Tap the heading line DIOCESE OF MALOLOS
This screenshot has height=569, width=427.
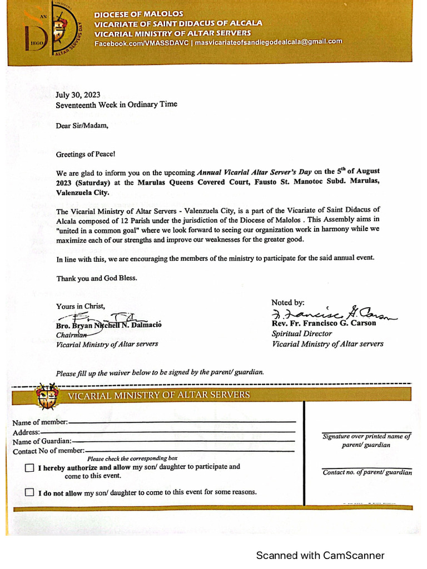138,13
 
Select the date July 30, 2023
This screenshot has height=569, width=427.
78,94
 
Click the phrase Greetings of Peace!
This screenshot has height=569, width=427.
86,154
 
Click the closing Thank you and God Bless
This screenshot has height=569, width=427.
96,278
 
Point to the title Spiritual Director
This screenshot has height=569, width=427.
301,333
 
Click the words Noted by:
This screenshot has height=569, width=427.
287,302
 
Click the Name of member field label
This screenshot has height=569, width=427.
40,422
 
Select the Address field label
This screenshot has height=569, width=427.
26,432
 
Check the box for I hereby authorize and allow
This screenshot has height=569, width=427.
29,468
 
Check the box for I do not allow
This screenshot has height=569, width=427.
29,492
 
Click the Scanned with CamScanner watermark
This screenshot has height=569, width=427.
320,555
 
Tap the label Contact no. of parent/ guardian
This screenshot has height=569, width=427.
367,472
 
